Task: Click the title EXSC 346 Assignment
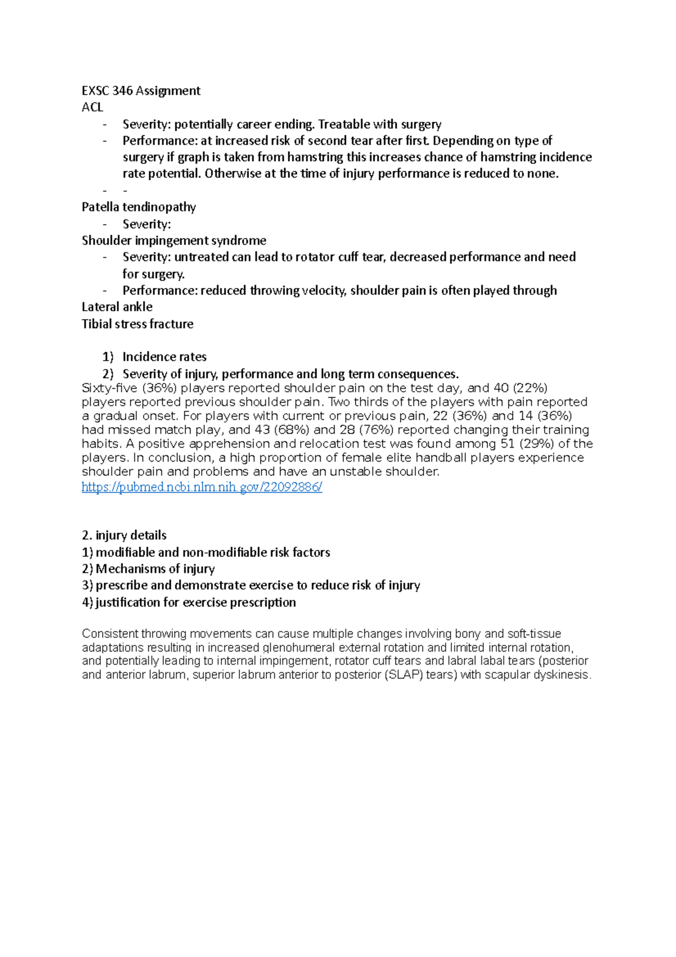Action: click(x=141, y=91)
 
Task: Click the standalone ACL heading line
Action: click(x=92, y=107)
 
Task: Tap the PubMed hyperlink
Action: click(x=202, y=487)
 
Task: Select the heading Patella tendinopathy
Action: click(x=139, y=207)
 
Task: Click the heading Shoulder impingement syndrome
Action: click(x=174, y=241)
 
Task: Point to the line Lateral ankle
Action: click(x=117, y=307)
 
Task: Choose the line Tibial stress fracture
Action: click(x=137, y=324)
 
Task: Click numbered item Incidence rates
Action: click(x=164, y=357)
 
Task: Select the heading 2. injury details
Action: click(x=124, y=535)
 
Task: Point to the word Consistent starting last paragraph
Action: click(x=110, y=633)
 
